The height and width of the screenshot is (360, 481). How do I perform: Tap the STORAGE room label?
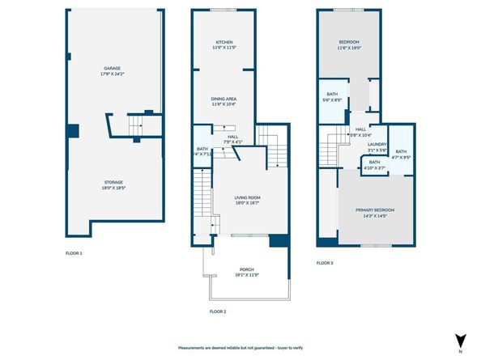[112, 182]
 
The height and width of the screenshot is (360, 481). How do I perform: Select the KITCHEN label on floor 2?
[224, 42]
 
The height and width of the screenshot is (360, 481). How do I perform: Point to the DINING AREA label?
[224, 100]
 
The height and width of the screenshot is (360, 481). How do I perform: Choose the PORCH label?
[246, 269]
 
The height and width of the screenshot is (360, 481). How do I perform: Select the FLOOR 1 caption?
[74, 253]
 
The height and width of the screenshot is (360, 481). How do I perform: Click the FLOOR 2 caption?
[217, 311]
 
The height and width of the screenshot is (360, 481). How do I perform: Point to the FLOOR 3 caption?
[324, 263]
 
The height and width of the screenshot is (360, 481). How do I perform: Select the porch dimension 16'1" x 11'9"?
[246, 276]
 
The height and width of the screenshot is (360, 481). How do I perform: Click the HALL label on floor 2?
[232, 137]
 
